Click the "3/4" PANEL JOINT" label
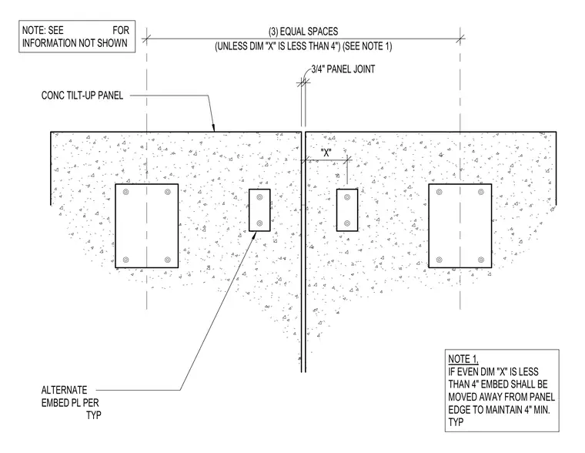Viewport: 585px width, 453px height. (x=343, y=69)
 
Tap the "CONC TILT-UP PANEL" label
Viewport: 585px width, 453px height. (x=82, y=96)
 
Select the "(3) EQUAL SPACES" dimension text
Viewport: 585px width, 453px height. (x=303, y=32)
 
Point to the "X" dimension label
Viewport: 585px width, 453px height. (x=326, y=153)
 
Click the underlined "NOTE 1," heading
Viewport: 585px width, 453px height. (x=463, y=359)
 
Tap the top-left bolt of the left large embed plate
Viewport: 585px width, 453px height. (x=125, y=192)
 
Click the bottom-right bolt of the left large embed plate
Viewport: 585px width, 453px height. (x=168, y=260)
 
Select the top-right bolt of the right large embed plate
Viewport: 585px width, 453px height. (x=481, y=192)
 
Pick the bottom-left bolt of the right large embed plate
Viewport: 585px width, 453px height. (x=439, y=260)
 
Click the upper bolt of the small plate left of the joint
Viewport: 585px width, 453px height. (x=259, y=197)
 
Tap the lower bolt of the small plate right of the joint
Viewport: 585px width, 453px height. (x=347, y=223)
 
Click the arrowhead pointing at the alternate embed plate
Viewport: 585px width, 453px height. (x=255, y=235)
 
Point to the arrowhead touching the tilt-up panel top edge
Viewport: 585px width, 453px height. (x=213, y=128)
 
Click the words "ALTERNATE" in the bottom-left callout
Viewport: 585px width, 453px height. (x=64, y=391)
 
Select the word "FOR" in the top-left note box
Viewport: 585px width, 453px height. (x=121, y=30)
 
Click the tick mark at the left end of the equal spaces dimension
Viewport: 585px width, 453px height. (x=146, y=38)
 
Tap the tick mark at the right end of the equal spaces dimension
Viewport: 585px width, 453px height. (x=460, y=38)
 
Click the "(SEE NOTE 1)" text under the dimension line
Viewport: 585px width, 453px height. (x=367, y=47)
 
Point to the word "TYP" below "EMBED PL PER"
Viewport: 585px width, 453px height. (x=94, y=415)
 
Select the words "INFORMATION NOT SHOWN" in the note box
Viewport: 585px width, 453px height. (x=75, y=43)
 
